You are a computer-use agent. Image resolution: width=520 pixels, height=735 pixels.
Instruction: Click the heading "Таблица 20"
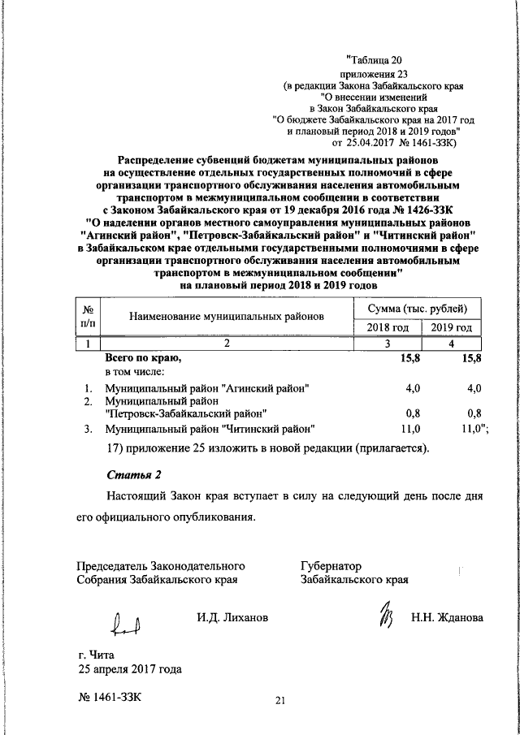(375, 59)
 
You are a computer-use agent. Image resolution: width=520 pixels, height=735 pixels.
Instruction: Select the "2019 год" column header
(452, 327)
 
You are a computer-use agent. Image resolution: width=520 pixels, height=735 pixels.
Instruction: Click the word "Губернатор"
(331, 566)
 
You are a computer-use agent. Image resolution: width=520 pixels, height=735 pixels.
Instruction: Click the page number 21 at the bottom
(282, 701)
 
